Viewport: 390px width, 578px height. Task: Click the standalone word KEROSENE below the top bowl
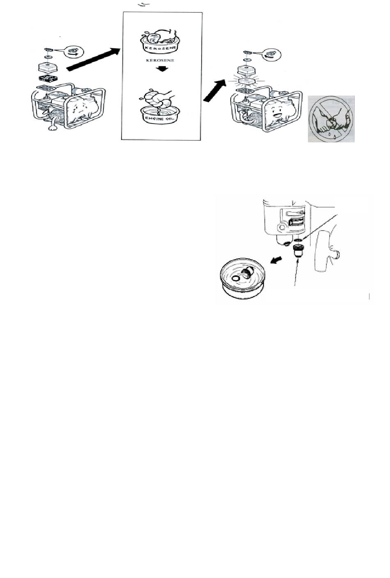(x=160, y=60)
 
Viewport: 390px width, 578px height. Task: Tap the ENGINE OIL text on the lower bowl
(x=160, y=119)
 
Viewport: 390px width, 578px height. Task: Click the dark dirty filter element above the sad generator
(x=48, y=78)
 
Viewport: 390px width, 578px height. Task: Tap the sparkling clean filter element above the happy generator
(x=247, y=81)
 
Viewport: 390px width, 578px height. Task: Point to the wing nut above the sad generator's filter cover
(x=48, y=49)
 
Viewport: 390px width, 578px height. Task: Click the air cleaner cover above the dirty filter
(x=48, y=67)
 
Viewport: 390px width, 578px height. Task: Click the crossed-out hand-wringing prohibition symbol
(x=331, y=119)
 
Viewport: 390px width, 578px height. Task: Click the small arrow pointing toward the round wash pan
(x=276, y=260)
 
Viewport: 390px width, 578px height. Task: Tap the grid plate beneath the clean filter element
(x=247, y=91)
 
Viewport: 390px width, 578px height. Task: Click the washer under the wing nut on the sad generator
(x=48, y=57)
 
